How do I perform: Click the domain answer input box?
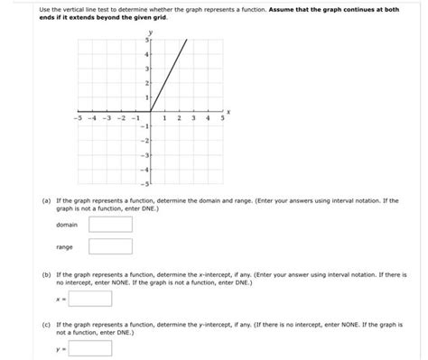pos(110,223)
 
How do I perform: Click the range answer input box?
pos(110,246)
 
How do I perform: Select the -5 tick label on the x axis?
pos(80,118)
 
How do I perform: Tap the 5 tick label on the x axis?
pos(222,118)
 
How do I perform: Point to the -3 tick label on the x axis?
pos(108,118)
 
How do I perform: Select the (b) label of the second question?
pos(45,270)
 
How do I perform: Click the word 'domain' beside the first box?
pos(67,224)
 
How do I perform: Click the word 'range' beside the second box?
pos(64,246)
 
